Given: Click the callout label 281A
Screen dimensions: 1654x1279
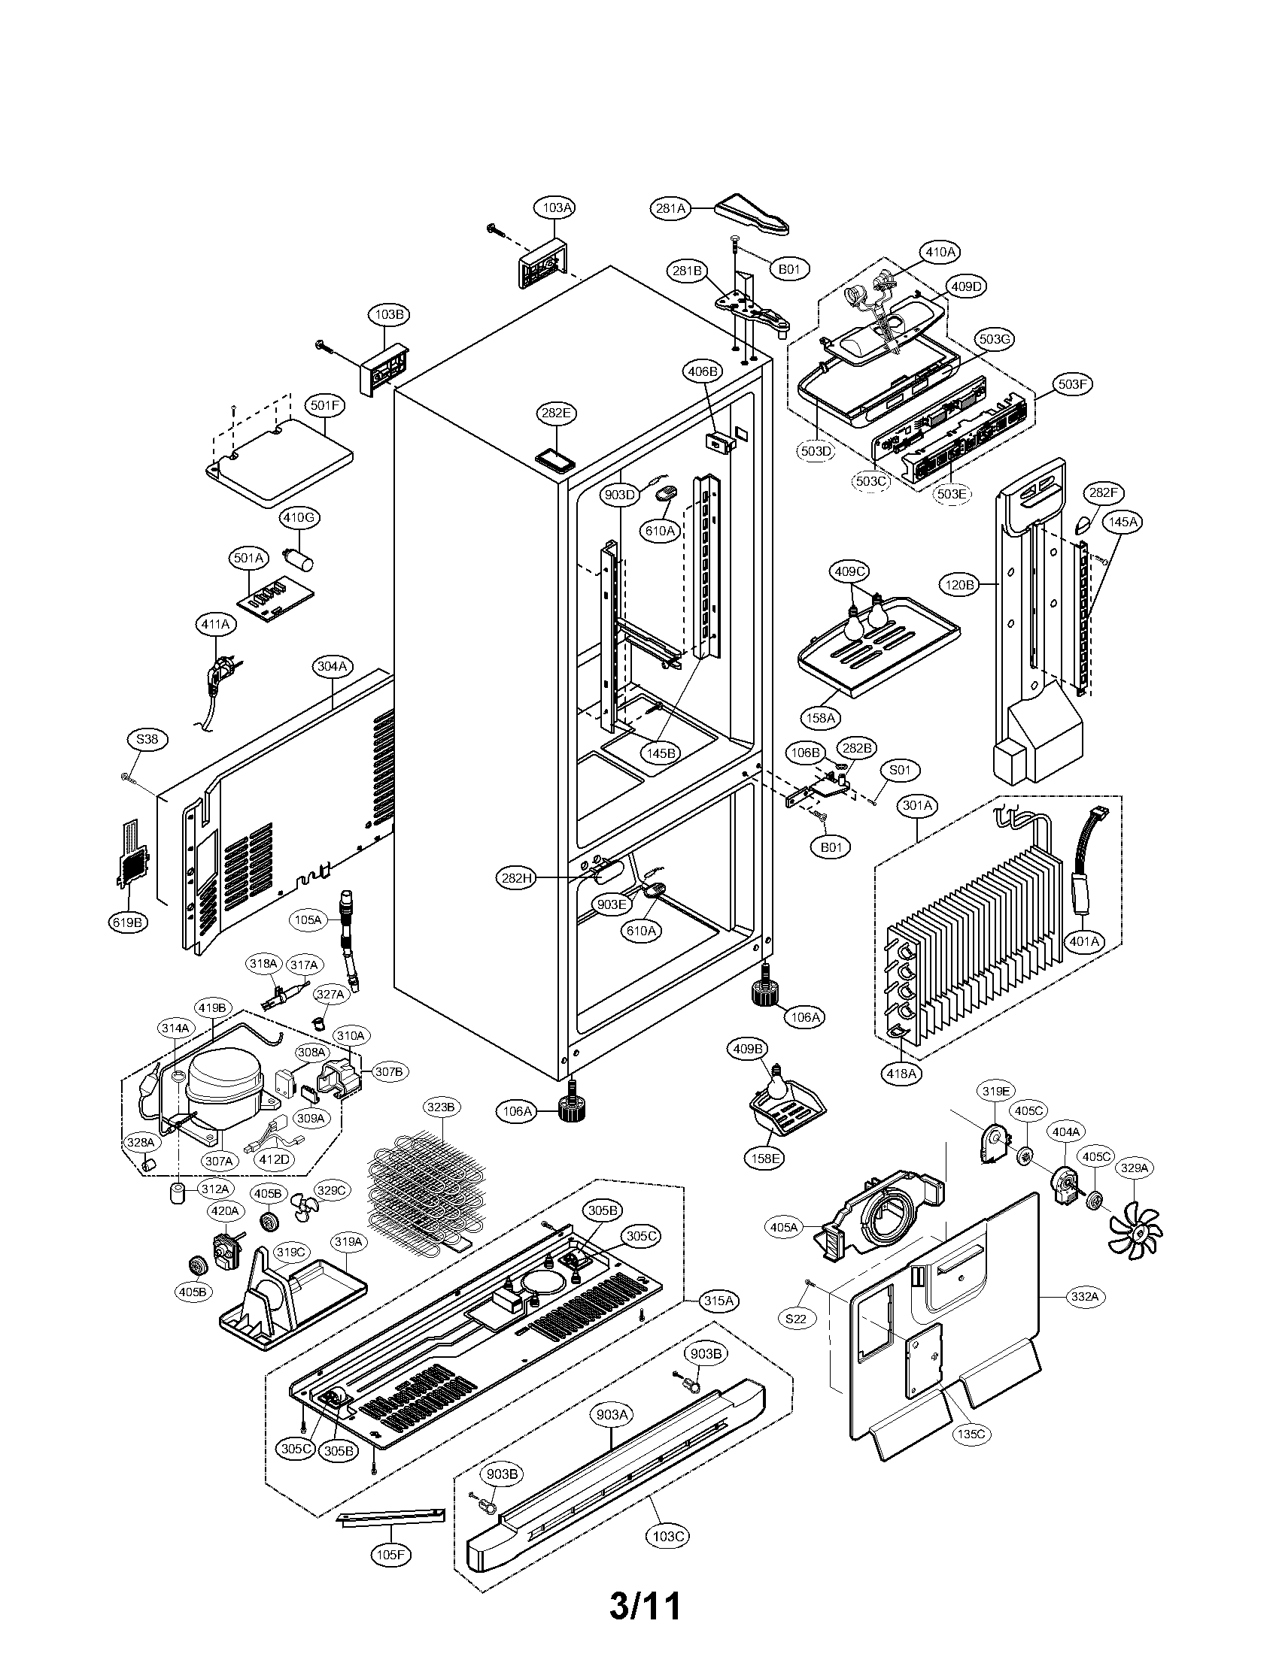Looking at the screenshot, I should (x=671, y=209).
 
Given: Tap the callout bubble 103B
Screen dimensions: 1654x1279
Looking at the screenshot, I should (x=388, y=314).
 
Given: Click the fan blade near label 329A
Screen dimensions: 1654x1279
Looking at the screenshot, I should (x=1135, y=1232).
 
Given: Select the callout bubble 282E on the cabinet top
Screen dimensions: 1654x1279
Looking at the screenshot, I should (x=555, y=413).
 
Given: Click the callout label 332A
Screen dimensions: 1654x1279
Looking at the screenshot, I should (x=1083, y=1297).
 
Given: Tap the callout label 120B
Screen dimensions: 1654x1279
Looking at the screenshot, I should (x=959, y=585).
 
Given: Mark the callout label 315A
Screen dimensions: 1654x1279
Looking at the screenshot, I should (x=718, y=1301).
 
